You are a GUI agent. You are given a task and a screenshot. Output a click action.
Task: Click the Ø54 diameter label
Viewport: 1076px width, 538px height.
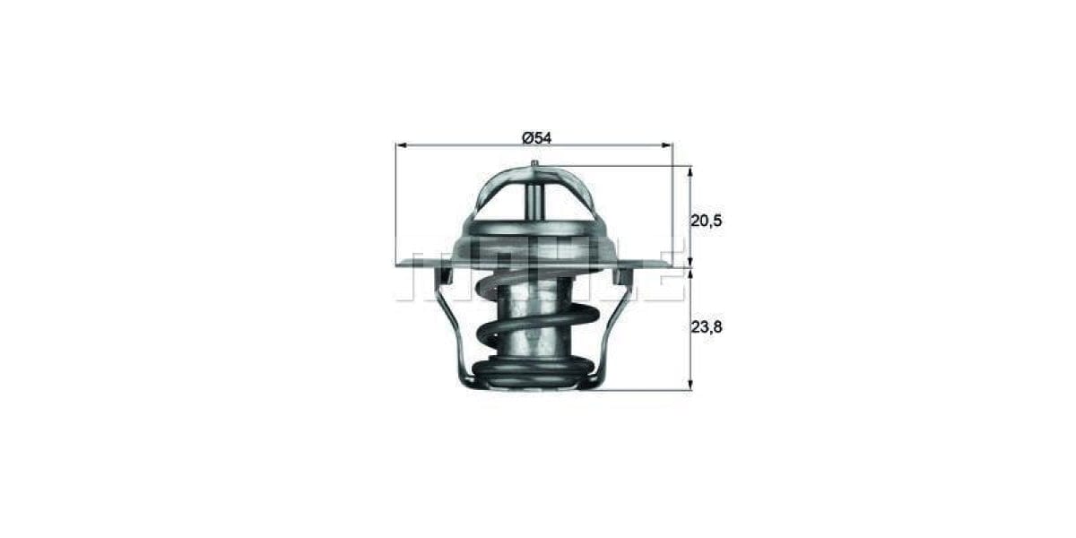tap(535, 137)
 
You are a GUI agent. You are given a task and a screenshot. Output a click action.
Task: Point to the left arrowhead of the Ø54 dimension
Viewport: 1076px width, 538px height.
tap(400, 144)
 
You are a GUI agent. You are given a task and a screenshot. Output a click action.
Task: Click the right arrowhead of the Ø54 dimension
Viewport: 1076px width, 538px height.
tap(667, 144)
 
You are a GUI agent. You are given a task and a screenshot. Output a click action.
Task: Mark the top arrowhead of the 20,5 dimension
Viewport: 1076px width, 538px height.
tap(690, 170)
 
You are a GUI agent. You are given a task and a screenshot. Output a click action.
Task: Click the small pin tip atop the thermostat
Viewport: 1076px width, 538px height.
tap(534, 162)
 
